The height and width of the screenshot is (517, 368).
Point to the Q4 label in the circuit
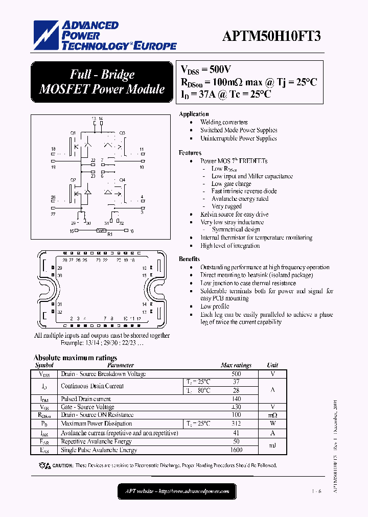[x=122, y=180]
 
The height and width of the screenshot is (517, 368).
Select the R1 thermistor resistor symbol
[x=101, y=231]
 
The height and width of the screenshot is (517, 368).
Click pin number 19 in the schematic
[x=53, y=167]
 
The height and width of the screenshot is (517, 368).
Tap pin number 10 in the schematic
[x=142, y=167]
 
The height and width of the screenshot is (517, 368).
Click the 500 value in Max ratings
[x=236, y=374]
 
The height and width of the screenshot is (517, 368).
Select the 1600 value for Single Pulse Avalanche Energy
[x=236, y=450]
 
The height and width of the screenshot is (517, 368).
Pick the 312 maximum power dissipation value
[x=236, y=424]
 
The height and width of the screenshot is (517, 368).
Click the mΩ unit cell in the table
[x=272, y=415]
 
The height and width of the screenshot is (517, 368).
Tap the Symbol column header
[x=44, y=365]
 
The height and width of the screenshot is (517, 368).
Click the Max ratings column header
[x=236, y=365]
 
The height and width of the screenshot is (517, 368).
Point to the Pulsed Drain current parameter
[x=86, y=399]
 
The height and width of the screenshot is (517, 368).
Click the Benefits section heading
[x=189, y=259]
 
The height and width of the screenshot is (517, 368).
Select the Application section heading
[x=194, y=114]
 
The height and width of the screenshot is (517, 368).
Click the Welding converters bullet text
[x=224, y=122]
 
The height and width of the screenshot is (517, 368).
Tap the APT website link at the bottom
[x=177, y=491]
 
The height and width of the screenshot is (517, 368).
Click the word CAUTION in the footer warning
[x=63, y=465]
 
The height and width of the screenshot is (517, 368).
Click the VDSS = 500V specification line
[x=206, y=68]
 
